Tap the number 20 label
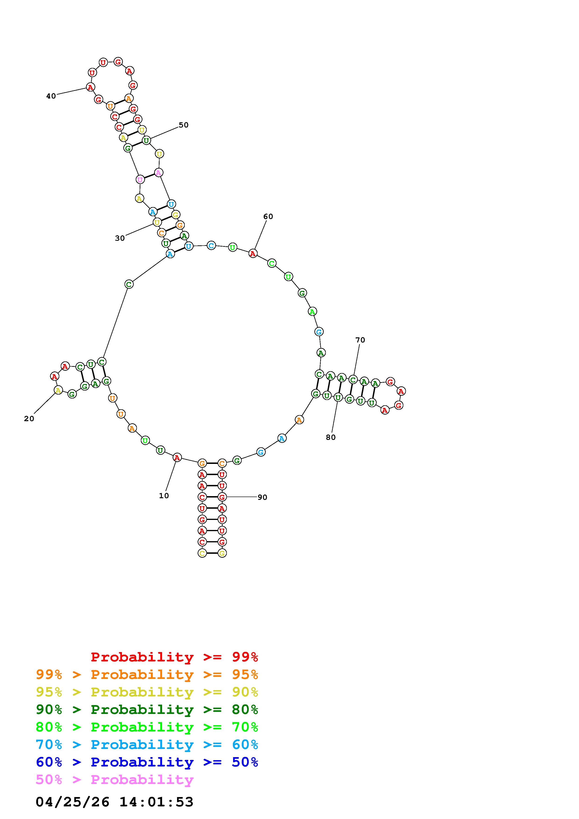29,419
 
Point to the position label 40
51,96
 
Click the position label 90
262,497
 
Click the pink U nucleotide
140,180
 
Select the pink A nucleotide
158,173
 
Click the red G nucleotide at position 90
222,497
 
